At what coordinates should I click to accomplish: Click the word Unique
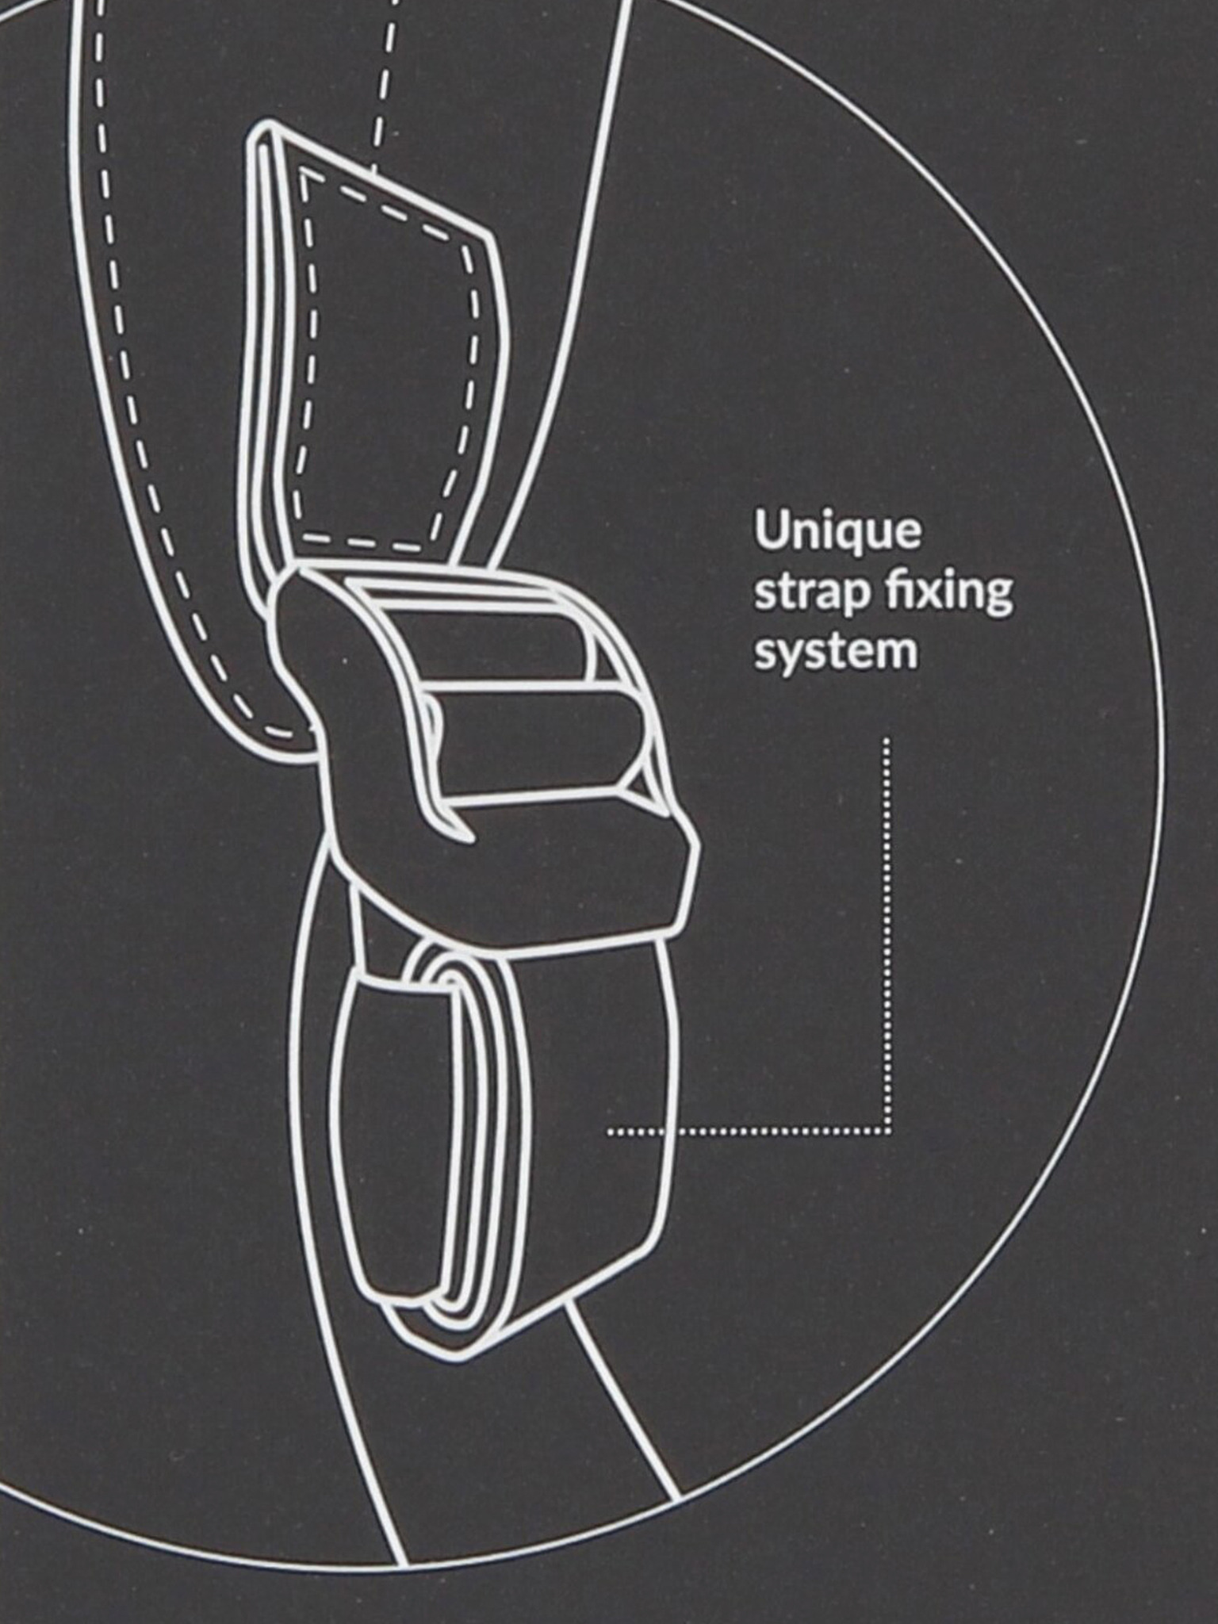tap(837, 533)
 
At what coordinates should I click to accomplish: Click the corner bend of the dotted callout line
tap(888, 1131)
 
